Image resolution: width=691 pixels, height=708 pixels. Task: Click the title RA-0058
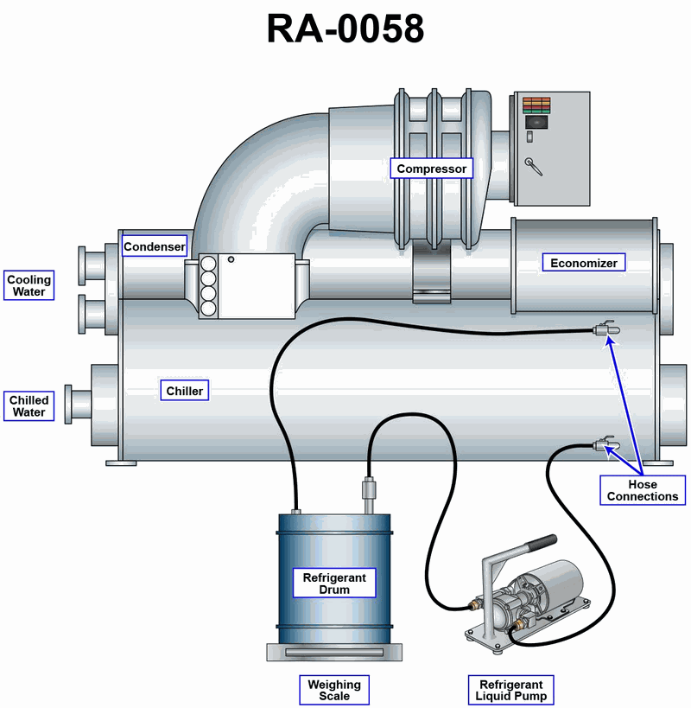click(x=345, y=29)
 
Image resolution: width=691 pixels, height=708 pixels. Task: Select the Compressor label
click(x=431, y=169)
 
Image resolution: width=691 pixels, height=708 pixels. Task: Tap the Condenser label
click(x=154, y=246)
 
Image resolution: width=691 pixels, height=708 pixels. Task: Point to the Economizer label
click(x=584, y=263)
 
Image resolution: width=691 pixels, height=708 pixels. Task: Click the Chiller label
click(x=185, y=391)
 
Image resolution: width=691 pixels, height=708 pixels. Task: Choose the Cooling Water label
click(x=29, y=286)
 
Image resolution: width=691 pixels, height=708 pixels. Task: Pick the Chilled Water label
click(x=29, y=406)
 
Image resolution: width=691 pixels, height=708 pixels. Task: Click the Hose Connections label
click(x=643, y=490)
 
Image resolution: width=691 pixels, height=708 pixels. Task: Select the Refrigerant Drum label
click(x=334, y=584)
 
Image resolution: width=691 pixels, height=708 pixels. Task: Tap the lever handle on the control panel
click(x=536, y=167)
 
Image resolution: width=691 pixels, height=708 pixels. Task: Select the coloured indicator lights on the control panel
click(x=536, y=105)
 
